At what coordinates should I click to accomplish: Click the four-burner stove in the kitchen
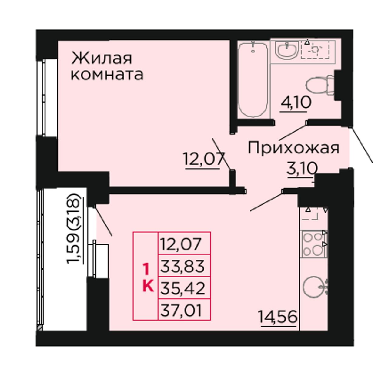[313, 244]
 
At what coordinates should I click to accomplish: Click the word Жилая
[102, 59]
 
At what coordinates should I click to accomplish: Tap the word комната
[107, 75]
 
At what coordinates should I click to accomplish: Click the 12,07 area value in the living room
[204, 159]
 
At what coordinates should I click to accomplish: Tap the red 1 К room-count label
[148, 277]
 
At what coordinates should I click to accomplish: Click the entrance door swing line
[361, 144]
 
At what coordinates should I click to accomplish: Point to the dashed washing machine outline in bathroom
[315, 50]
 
